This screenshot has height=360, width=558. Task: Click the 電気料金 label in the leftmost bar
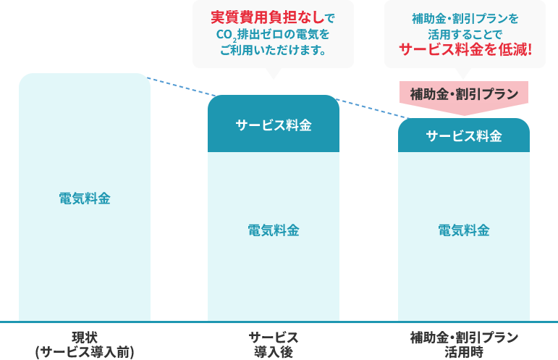point(85,198)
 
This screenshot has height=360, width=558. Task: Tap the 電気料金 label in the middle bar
point(273,230)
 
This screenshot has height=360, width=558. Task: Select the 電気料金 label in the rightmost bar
point(463,230)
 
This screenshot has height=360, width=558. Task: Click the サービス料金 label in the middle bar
point(273,125)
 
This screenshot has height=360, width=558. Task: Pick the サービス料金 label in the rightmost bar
point(463,135)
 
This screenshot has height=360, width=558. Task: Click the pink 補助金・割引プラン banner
point(463,93)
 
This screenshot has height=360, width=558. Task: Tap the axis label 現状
point(85,337)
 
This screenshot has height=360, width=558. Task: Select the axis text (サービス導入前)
point(85,351)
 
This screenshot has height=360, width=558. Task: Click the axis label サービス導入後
point(273,344)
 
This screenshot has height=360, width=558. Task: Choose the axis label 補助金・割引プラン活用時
point(463,344)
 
